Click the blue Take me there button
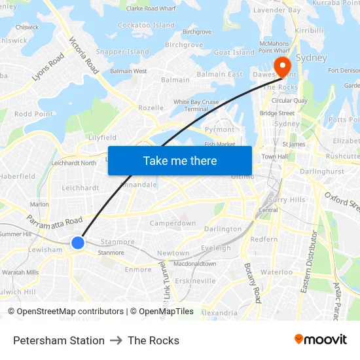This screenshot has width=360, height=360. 179,160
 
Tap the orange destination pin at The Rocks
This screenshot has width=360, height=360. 282,65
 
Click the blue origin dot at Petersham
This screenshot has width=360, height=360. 77,243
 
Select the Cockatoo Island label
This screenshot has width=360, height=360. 146,26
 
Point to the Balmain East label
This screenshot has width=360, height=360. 219,75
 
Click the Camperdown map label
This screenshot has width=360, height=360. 173,223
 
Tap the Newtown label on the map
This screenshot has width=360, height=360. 173,253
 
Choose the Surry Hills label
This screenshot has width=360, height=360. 287,200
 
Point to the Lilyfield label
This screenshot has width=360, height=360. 102,137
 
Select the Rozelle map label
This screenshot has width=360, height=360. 151,108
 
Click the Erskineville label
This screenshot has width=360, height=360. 195,281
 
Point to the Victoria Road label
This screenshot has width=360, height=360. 84,54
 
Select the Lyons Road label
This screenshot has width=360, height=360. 48,67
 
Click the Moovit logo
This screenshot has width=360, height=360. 320,340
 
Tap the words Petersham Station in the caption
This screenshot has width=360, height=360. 59,340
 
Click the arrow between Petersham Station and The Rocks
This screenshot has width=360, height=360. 116,340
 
